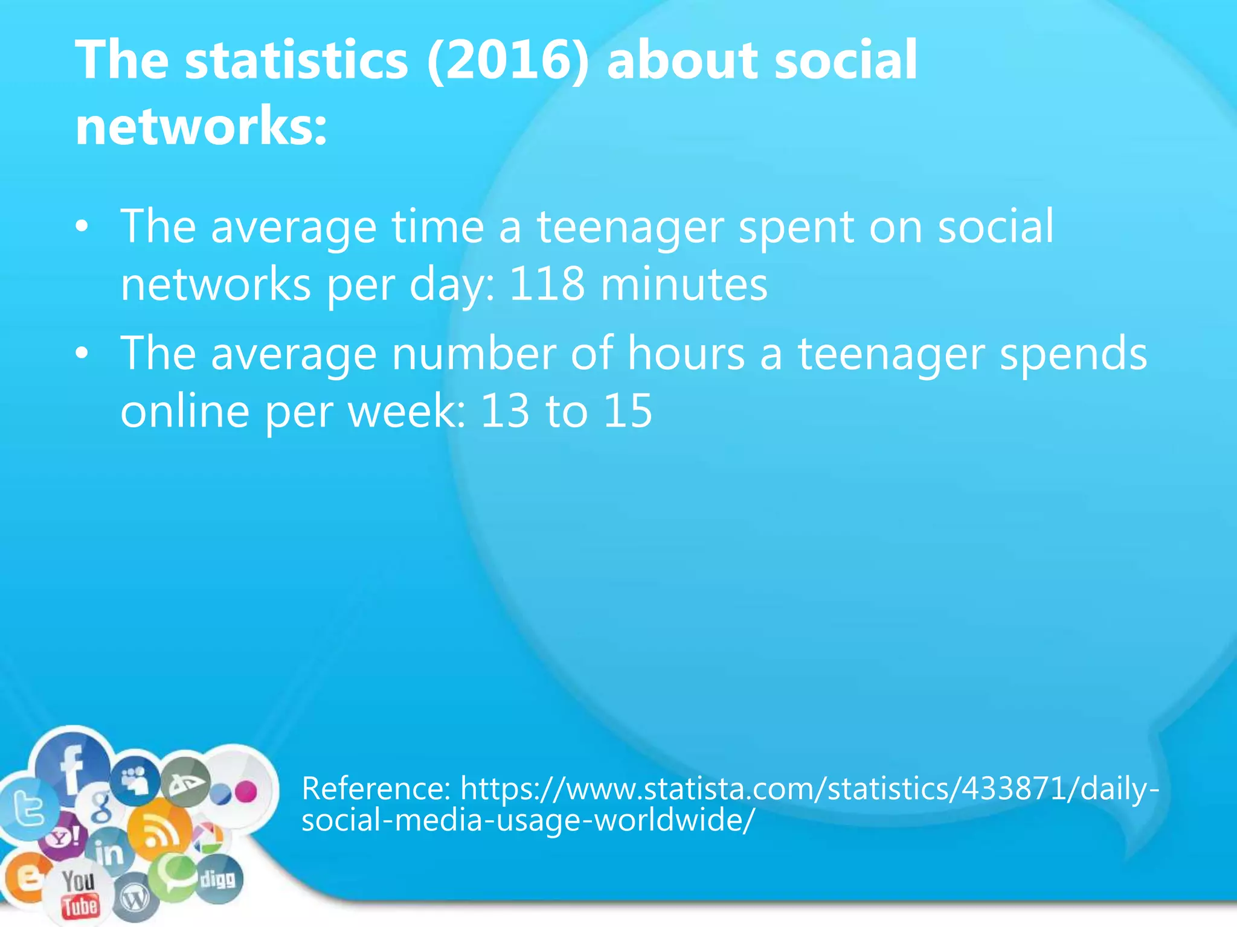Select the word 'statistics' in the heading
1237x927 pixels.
[x=297, y=60]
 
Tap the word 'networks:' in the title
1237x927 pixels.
[x=201, y=126]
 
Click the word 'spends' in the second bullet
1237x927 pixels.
[x=1073, y=355]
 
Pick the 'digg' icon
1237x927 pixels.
[x=217, y=879]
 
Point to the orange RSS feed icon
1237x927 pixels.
[x=159, y=833]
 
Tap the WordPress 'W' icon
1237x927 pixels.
[x=135, y=900]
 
